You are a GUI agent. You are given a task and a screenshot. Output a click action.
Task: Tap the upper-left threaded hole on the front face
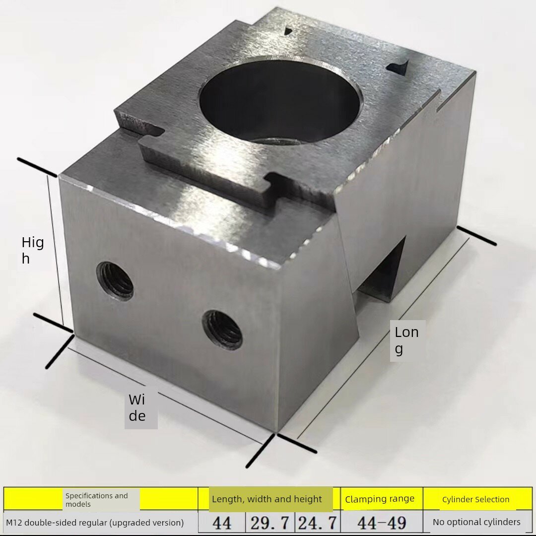(x=115, y=281)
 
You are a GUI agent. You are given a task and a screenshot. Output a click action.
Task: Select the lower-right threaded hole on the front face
(x=222, y=330)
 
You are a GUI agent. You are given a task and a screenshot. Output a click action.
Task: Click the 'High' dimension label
(x=33, y=250)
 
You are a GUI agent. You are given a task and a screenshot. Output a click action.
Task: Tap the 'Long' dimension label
(x=406, y=340)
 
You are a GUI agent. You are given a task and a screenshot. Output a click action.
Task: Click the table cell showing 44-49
(x=382, y=523)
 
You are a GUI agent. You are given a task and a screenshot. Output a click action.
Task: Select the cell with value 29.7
(x=270, y=523)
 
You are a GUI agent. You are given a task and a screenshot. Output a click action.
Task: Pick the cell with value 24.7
(x=318, y=523)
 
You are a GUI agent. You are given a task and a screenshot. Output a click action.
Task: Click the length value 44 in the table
(x=222, y=523)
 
